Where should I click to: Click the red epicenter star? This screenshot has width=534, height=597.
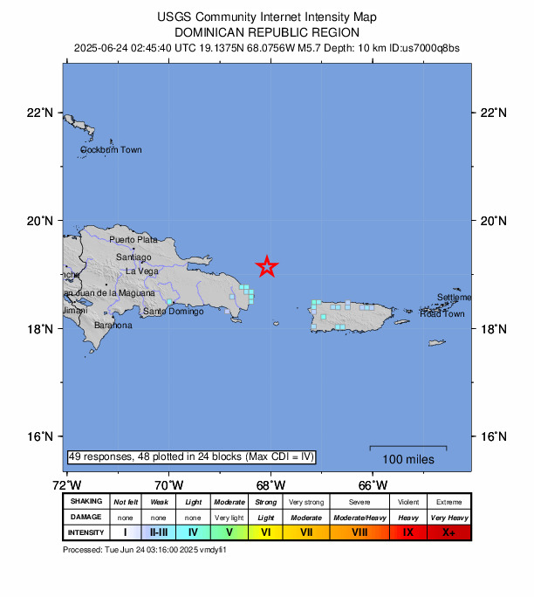267,267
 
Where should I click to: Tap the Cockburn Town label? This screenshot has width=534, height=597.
111,150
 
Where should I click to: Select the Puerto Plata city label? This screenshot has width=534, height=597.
133,239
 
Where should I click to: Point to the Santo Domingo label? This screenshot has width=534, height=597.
174,312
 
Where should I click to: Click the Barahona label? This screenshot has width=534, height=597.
113,326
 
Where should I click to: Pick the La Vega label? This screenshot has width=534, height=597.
142,271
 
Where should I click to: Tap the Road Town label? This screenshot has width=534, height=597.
442,314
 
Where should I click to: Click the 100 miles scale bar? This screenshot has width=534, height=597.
407,448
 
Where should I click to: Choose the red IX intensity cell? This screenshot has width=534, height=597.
407,532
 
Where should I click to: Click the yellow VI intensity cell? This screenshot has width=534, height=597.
266,532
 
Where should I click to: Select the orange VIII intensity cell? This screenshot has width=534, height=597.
359,532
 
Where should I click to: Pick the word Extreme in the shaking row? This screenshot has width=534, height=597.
449,502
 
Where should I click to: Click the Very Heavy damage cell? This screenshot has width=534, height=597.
449,517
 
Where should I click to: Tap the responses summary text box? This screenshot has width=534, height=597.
190,457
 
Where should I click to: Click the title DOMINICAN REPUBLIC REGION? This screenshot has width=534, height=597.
266,32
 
